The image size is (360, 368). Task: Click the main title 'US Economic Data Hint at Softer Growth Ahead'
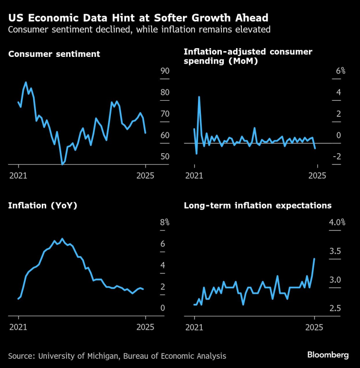coord(138,18)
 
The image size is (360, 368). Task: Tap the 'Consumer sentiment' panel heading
coord(54,54)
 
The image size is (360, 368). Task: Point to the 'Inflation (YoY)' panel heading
coord(43,205)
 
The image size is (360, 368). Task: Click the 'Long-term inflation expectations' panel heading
coord(257,205)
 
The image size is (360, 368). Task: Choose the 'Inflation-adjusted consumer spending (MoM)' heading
coord(248,56)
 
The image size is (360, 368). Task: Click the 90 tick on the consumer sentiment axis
coord(164,71)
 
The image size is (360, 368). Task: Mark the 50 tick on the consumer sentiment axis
coord(164,157)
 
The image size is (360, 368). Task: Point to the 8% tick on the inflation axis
coord(164,223)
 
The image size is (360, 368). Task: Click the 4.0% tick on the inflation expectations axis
coord(337,223)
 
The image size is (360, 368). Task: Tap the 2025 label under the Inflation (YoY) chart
coord(145,327)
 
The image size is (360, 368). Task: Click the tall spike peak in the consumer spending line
coord(199,97)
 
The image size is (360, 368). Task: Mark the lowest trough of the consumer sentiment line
coord(62,164)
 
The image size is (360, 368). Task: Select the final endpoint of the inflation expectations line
coord(314,259)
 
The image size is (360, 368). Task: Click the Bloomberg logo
coord(328,355)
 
